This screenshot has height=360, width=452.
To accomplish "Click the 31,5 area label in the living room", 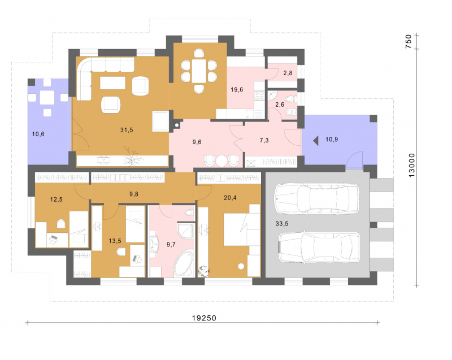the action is click(127, 130).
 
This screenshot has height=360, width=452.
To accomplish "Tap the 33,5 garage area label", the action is click(282, 223).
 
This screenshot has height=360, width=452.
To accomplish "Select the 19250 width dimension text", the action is click(204, 318).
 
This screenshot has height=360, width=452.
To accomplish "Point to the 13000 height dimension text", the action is click(412, 165).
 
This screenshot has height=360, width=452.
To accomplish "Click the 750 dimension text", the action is click(408, 41).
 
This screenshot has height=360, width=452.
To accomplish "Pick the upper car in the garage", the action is click(317, 198).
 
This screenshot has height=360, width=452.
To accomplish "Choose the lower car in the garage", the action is click(319, 248).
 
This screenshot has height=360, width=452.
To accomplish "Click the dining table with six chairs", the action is click(199, 71).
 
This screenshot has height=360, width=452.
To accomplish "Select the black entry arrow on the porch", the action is click(316, 141).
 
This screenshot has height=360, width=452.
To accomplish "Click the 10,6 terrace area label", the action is click(38, 134).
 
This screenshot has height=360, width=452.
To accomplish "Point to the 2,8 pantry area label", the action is click(288, 73).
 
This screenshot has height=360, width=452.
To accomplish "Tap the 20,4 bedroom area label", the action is click(230, 198).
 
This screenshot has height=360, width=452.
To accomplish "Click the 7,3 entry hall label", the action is click(264, 140).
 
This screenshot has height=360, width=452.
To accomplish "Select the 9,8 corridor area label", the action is click(134, 194).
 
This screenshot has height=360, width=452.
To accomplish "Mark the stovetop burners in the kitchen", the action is click(259, 96).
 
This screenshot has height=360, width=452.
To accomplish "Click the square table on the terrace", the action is click(47, 98).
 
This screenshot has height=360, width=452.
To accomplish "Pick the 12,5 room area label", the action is click(56, 199).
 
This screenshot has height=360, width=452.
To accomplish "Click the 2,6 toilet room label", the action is click(280, 105).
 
